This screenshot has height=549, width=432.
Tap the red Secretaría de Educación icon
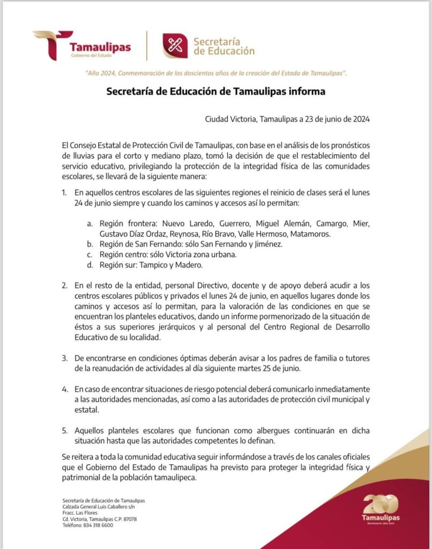point(175,46)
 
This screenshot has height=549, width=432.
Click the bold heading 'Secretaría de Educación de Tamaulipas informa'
point(216,91)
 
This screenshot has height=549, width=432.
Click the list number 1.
point(64,192)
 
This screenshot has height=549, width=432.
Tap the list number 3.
point(64,358)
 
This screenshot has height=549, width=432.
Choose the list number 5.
point(64,431)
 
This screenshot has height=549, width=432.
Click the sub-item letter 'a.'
point(90,223)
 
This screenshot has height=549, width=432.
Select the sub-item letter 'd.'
point(90,265)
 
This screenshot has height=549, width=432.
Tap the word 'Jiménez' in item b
point(267,244)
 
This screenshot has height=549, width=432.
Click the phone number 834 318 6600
point(98,525)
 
